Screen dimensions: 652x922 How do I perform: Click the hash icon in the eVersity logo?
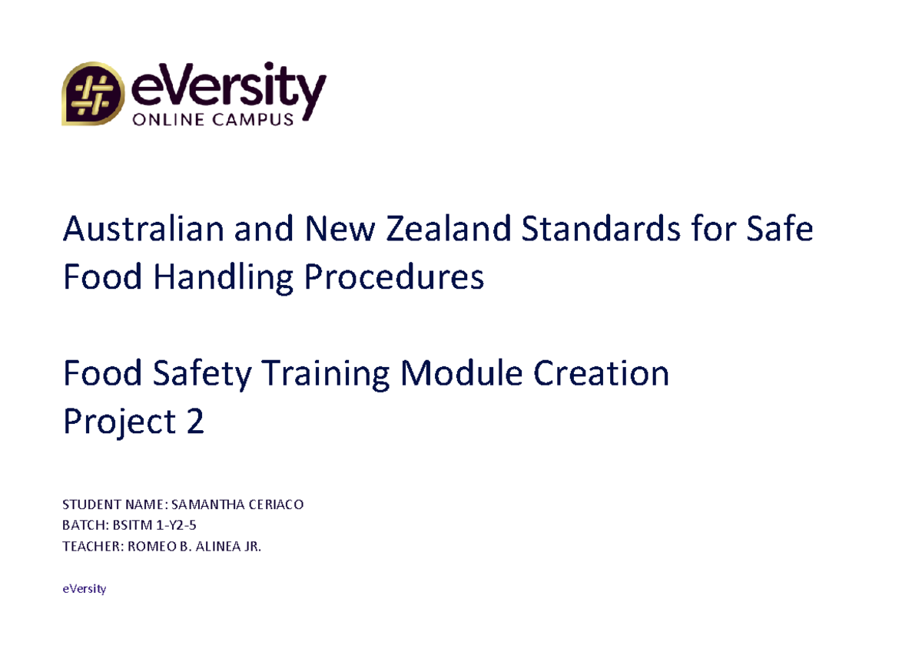(x=92, y=94)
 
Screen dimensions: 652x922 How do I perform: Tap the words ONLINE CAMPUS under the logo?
(x=213, y=119)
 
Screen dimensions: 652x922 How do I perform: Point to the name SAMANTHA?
(x=197, y=505)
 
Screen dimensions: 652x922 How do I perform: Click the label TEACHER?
(x=88, y=547)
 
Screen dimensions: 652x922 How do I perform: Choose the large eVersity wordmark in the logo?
(x=228, y=89)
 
